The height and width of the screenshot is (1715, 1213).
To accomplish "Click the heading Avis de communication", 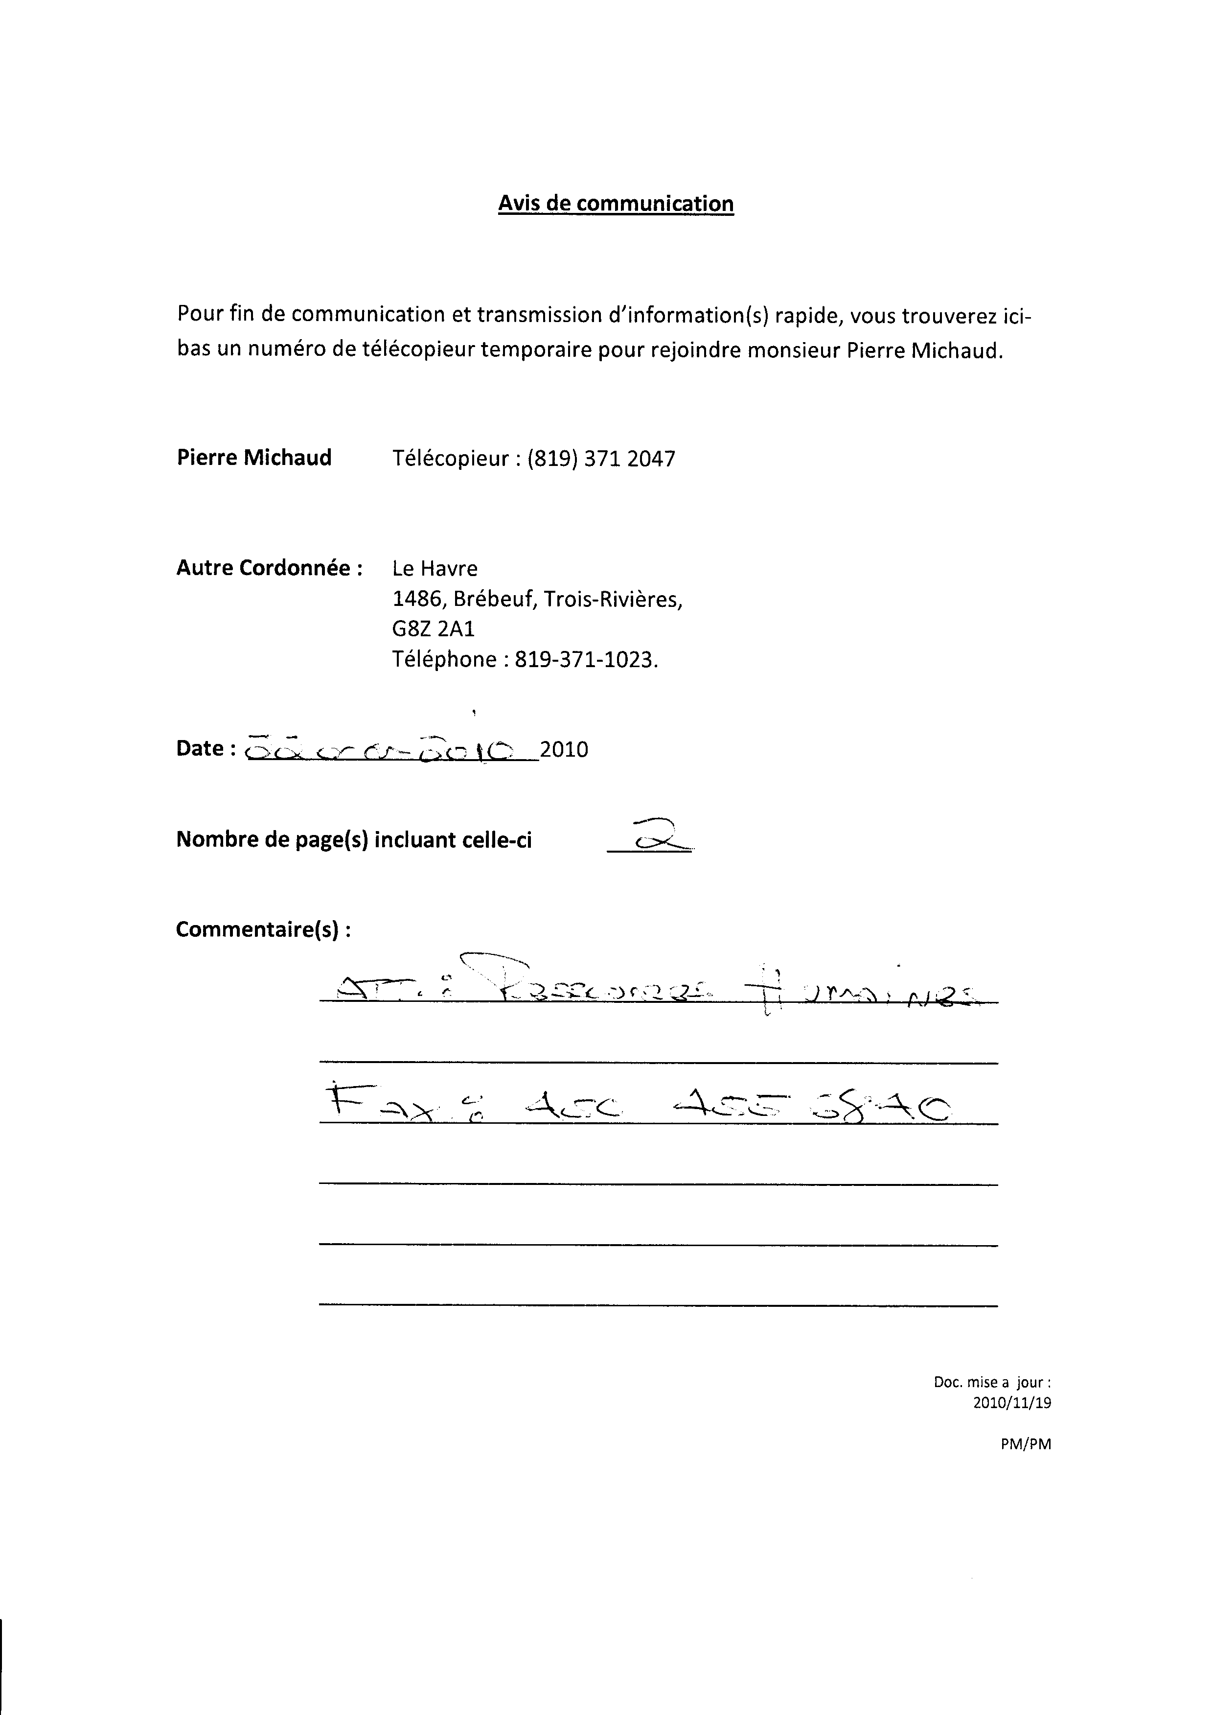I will tap(616, 204).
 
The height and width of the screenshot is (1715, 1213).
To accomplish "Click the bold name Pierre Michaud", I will tap(254, 458).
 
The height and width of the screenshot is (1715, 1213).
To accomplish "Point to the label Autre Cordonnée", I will tap(269, 568).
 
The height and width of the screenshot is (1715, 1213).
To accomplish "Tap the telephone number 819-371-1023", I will tap(586, 660).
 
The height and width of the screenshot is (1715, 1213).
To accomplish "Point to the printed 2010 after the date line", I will tap(564, 749).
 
